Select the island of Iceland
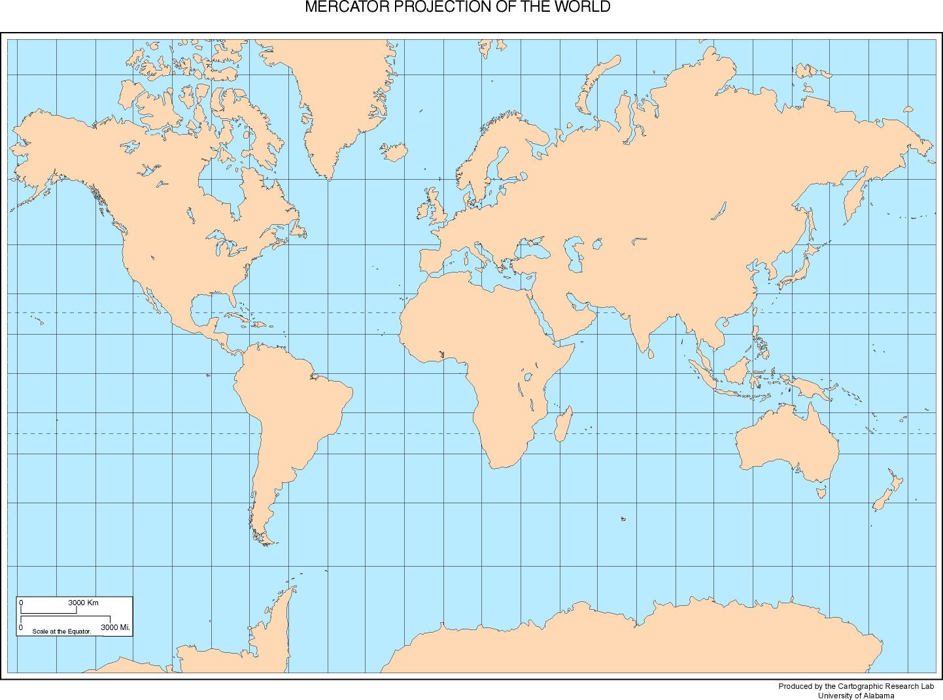(x=394, y=153)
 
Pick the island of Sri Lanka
(x=652, y=354)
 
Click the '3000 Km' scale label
(x=83, y=603)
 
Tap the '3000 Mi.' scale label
(x=115, y=627)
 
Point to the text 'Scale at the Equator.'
(x=61, y=631)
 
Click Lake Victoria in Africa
(x=528, y=377)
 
